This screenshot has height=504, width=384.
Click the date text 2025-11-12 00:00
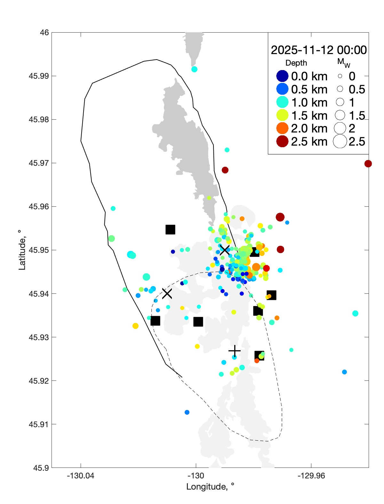pyautogui.click(x=319, y=50)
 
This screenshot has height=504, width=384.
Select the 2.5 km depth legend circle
pyautogui.click(x=282, y=141)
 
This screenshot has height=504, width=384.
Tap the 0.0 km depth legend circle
pyautogui.click(x=282, y=76)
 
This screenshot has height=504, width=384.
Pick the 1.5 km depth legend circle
pyautogui.click(x=282, y=115)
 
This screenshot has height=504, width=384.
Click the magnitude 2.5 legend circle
pyautogui.click(x=340, y=141)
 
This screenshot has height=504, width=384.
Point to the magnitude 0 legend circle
pyautogui.click(x=340, y=76)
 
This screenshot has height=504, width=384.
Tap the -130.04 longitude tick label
pyautogui.click(x=81, y=476)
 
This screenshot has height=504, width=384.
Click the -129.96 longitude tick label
pyautogui.click(x=311, y=476)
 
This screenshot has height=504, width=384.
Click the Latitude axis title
pyautogui.click(x=22, y=250)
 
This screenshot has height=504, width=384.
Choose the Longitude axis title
pyautogui.click(x=210, y=487)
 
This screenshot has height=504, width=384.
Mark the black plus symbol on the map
pyautogui.click(x=235, y=351)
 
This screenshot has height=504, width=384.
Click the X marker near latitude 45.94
pyautogui.click(x=167, y=293)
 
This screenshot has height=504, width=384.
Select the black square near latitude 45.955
pyautogui.click(x=170, y=229)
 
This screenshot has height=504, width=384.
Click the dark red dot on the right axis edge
pyautogui.click(x=368, y=164)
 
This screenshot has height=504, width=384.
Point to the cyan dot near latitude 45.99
pyautogui.click(x=194, y=69)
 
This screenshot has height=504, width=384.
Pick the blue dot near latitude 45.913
pyautogui.click(x=187, y=412)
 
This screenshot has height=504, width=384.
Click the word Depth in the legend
pyautogui.click(x=296, y=63)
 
